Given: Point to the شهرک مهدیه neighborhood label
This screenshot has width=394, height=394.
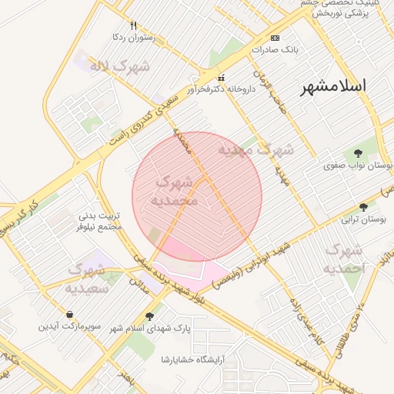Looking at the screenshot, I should (x=256, y=149).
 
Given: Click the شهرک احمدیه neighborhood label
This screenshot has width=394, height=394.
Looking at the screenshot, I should (x=344, y=259).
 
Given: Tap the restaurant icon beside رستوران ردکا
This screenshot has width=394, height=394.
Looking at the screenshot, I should (x=134, y=25).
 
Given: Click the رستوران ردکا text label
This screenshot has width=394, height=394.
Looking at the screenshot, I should (x=134, y=37).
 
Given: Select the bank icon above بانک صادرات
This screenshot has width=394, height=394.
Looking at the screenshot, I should (x=275, y=38).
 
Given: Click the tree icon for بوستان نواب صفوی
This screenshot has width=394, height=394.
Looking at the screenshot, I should (x=358, y=154).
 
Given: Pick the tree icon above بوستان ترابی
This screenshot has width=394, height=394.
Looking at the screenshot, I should (x=363, y=206).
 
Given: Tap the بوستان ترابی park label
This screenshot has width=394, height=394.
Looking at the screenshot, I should (x=362, y=219).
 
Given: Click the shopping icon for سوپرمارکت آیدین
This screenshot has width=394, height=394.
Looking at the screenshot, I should (x=71, y=315).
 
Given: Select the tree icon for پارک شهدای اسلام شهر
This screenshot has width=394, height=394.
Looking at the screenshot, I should (x=149, y=316).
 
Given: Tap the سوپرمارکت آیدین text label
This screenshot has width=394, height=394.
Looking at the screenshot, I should (x=71, y=327).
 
